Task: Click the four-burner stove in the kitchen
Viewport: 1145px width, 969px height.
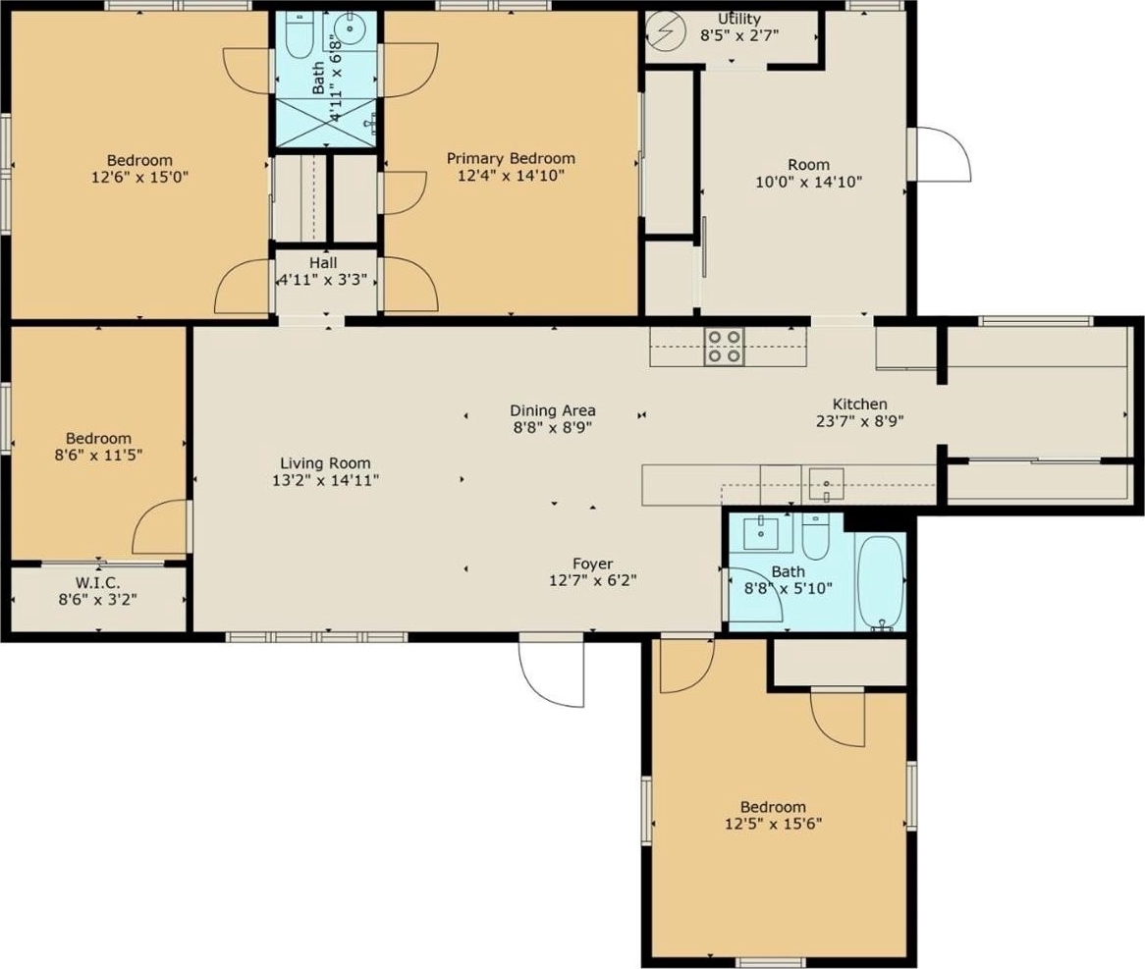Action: (x=724, y=347)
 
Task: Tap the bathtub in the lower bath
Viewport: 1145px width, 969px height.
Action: (x=881, y=583)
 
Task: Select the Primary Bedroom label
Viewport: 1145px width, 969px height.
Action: (x=511, y=158)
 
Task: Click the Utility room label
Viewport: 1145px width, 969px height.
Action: (x=739, y=19)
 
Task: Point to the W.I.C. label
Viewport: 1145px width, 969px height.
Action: (x=98, y=583)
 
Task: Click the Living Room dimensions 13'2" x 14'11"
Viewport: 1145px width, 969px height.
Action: (x=325, y=480)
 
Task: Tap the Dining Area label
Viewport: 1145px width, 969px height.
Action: (x=553, y=410)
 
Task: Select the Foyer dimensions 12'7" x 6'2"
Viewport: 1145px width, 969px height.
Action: (x=593, y=581)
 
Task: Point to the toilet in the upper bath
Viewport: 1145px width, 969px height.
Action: (x=298, y=35)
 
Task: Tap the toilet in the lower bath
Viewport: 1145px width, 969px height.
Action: (x=815, y=537)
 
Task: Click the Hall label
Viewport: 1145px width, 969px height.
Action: (x=323, y=263)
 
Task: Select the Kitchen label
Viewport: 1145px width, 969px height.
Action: (x=860, y=404)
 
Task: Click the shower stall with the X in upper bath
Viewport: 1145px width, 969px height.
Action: (x=326, y=122)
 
